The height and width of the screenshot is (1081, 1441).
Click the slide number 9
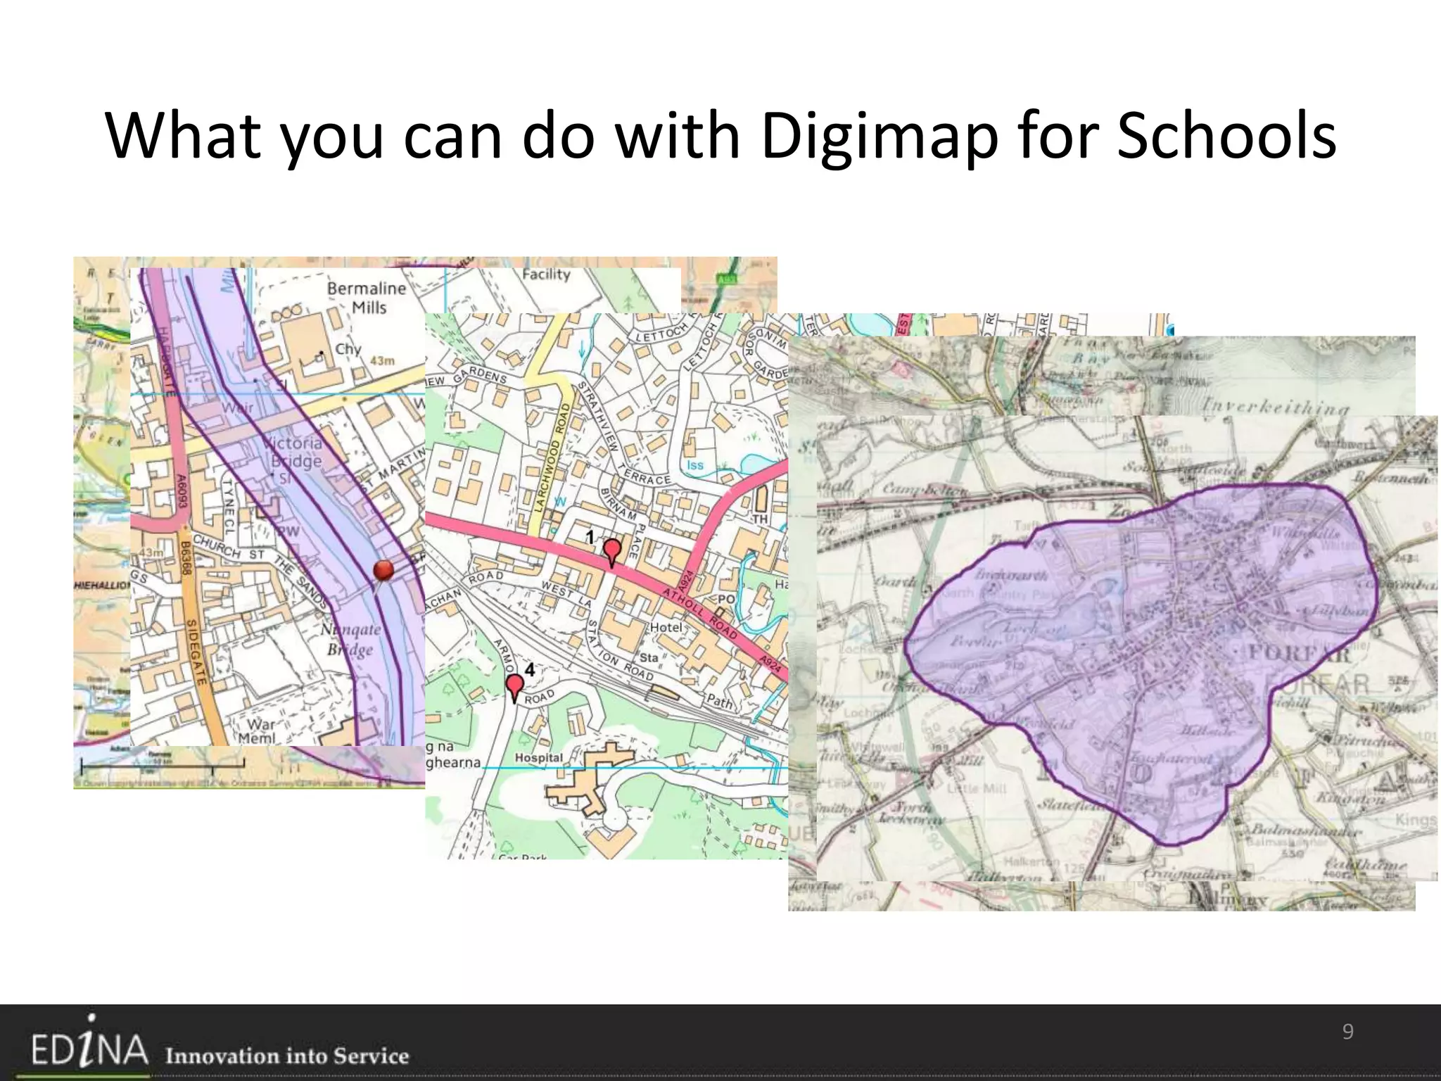[1347, 1032]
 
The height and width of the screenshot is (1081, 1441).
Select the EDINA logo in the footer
[89, 1049]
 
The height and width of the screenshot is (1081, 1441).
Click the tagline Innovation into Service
[287, 1056]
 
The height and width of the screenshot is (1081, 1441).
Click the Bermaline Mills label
[367, 298]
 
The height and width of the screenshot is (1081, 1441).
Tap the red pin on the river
[383, 570]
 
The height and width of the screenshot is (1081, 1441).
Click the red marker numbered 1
[612, 550]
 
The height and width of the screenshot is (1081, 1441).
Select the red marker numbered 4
[515, 685]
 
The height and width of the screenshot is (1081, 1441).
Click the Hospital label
[538, 758]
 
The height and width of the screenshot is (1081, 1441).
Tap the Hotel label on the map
[666, 627]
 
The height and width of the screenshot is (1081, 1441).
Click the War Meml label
[258, 731]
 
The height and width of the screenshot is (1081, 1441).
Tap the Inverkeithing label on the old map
[1275, 407]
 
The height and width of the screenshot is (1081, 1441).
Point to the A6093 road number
[182, 491]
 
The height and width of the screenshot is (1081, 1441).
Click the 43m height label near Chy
[382, 360]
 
